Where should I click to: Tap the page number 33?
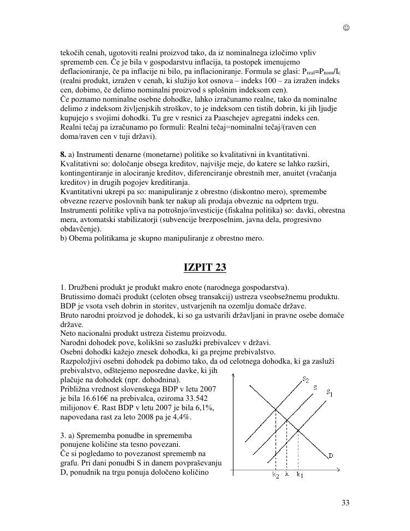pyautogui.click(x=345, y=503)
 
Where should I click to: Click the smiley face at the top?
pyautogui.click(x=346, y=28)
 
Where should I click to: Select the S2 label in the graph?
pyautogui.click(x=305, y=380)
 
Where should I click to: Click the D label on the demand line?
pyautogui.click(x=331, y=455)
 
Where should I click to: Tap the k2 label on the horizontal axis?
pyautogui.click(x=276, y=475)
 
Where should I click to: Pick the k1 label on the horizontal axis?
pyautogui.click(x=300, y=475)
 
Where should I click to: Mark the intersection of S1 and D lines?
pyautogui.click(x=297, y=430)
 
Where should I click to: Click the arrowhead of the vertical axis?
pyautogui.click(x=234, y=376)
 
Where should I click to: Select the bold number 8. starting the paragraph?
pyautogui.click(x=63, y=155)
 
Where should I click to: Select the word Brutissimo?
pyautogui.click(x=80, y=296)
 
